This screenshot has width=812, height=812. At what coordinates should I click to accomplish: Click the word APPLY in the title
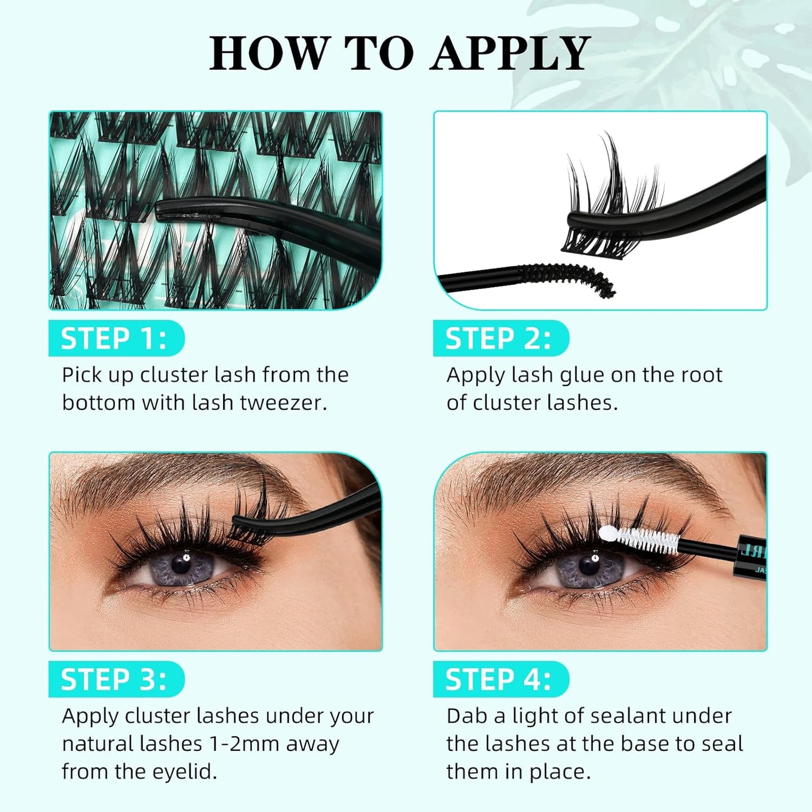coord(510,53)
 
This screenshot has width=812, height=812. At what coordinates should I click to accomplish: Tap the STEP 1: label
coord(114,339)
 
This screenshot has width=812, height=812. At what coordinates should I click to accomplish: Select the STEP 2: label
coord(498,339)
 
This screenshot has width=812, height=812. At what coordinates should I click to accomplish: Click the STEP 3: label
coord(114,679)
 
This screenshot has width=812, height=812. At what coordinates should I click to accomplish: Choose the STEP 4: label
coord(498,679)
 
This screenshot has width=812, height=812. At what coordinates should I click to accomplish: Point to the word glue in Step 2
coord(580,375)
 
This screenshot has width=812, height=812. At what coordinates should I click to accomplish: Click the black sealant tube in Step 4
coord(750,556)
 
